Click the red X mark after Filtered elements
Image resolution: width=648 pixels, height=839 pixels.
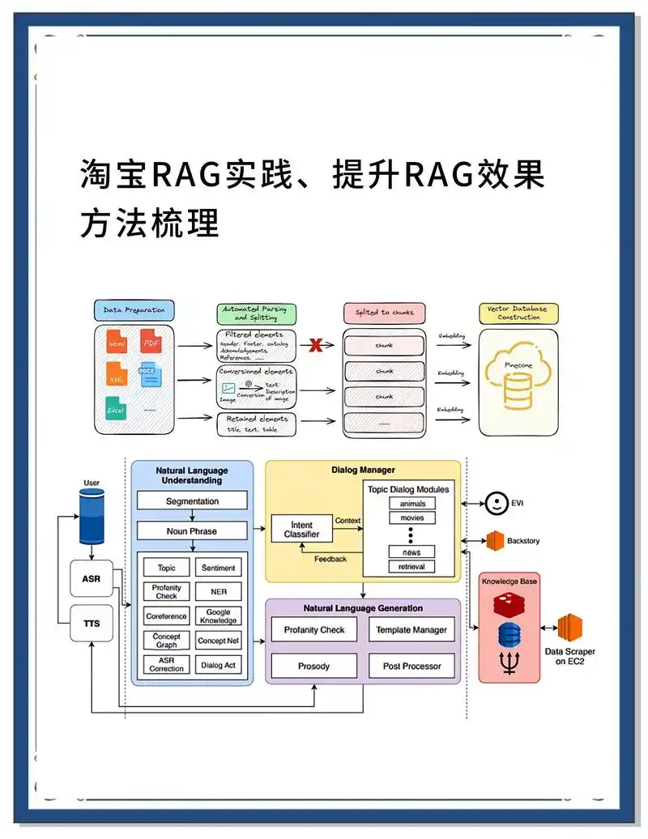tap(315, 346)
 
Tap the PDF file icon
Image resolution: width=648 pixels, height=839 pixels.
tap(151, 342)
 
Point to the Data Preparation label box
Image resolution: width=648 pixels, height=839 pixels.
tap(134, 310)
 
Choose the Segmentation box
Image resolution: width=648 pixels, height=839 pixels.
tap(192, 501)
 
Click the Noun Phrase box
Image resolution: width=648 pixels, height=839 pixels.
tap(192, 531)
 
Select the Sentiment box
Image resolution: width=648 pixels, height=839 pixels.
tap(218, 569)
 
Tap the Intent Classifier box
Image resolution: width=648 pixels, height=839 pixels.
tap(301, 530)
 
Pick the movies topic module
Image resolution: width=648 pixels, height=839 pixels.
tap(411, 518)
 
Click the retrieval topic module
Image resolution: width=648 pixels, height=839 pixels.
tap(411, 567)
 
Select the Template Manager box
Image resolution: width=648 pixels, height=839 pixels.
tap(411, 629)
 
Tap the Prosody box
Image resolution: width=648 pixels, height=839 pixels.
tap(313, 666)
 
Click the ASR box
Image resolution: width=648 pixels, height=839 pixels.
tap(92, 579)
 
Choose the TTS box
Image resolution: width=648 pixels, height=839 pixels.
tap(92, 624)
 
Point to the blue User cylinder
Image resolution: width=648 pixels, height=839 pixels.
tap(92, 517)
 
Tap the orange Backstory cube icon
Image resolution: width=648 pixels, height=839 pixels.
tap(495, 540)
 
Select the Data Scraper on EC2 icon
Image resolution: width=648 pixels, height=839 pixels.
tap(570, 627)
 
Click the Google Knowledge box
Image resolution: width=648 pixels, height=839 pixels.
tap(218, 616)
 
